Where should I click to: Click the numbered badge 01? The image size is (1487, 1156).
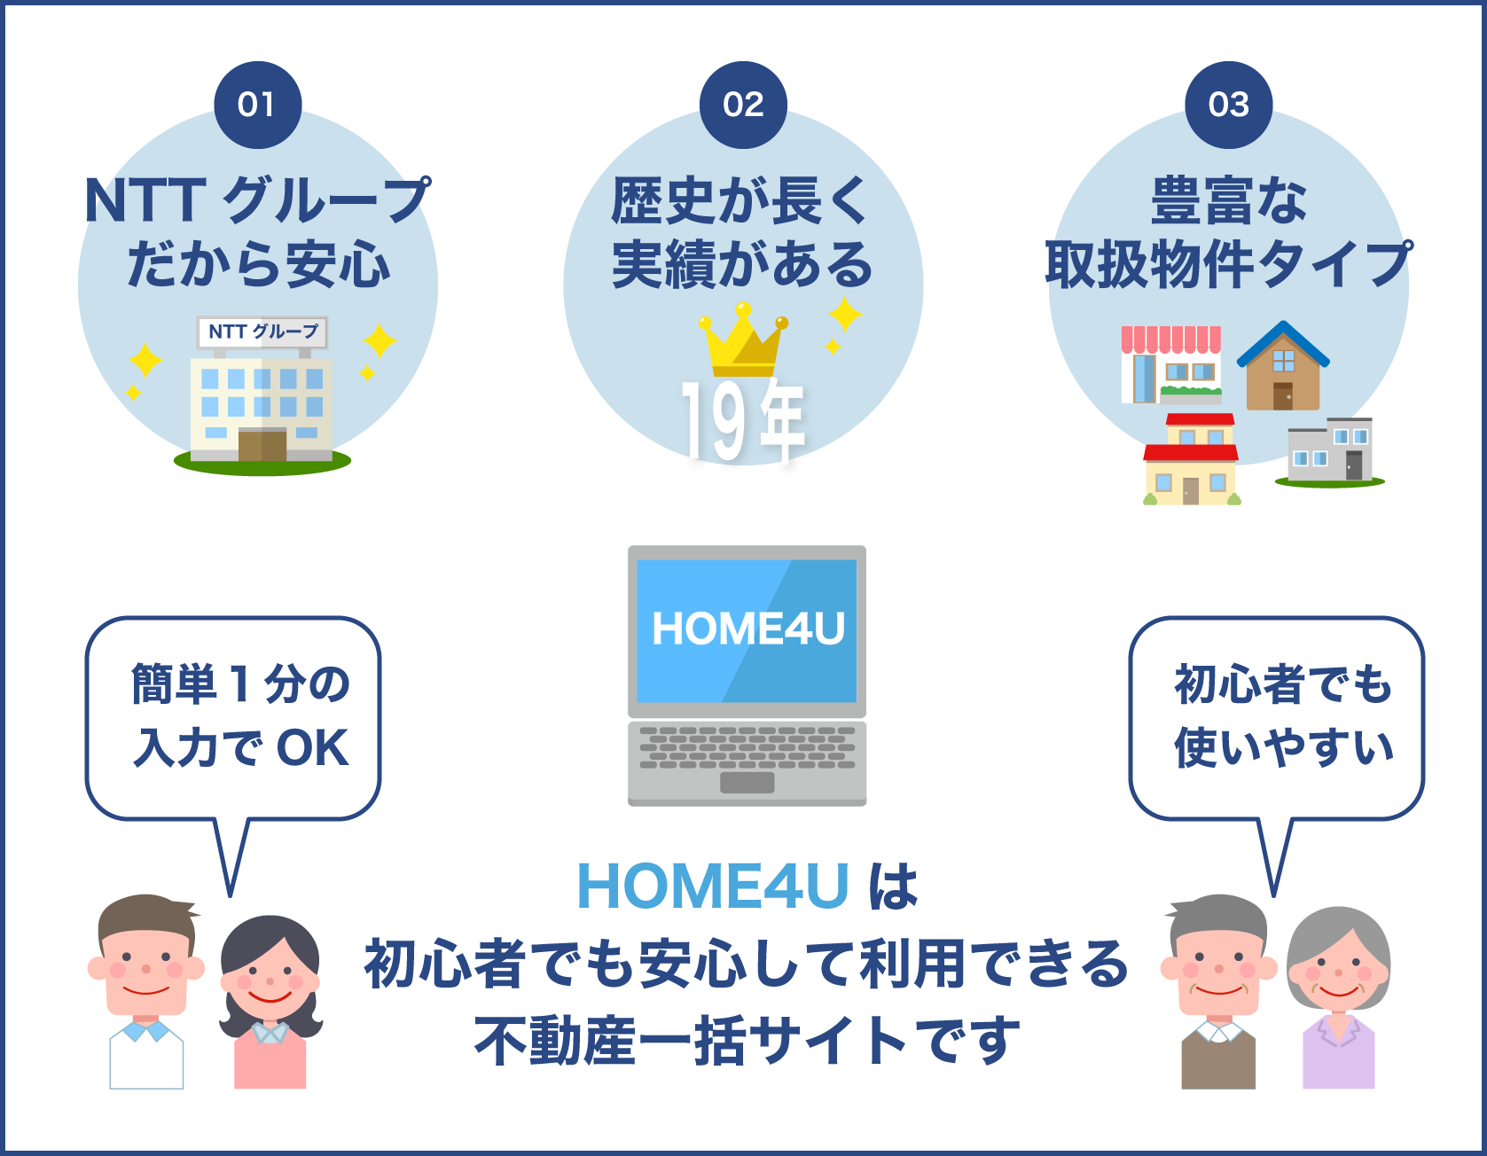pos(257,105)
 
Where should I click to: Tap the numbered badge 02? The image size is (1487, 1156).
pos(743,105)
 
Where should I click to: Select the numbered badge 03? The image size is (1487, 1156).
pos(1228,105)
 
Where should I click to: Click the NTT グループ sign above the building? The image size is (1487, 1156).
pos(262,332)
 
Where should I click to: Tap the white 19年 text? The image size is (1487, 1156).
pos(743,421)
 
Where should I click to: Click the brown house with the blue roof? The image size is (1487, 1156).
pos(1282,368)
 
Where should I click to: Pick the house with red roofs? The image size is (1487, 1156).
pos(1191,461)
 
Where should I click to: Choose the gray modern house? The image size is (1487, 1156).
pos(1329,450)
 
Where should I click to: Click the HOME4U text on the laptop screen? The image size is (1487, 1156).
pos(747,629)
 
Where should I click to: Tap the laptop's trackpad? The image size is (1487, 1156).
pos(747,783)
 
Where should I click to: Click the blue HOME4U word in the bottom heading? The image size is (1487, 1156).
pos(713,886)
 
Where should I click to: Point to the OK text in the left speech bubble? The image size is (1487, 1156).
pos(312,748)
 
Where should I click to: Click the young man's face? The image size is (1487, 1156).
pos(146,962)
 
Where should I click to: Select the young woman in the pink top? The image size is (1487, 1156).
pos(270,1002)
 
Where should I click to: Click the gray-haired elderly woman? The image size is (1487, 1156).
pos(1338,993)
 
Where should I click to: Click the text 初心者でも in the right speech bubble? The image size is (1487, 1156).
pos(1282,684)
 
